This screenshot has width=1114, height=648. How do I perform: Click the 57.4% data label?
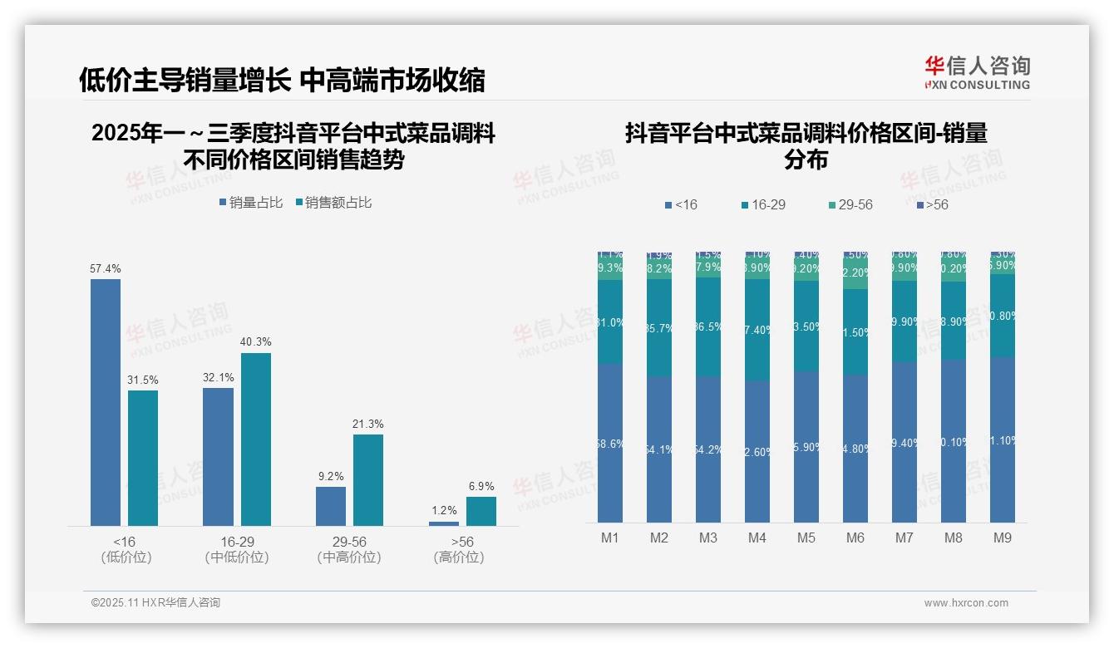(x=106, y=268)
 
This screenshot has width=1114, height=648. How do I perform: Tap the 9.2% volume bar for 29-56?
(x=331, y=506)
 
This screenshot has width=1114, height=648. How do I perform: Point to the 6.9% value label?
(x=481, y=486)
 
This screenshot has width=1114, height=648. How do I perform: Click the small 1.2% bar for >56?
(x=443, y=523)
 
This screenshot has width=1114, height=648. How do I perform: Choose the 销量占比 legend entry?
(x=251, y=203)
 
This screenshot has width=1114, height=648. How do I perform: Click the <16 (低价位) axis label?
(x=126, y=549)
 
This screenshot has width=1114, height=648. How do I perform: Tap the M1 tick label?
(x=610, y=538)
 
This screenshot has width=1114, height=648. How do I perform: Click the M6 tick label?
(x=855, y=538)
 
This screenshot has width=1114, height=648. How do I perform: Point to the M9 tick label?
(x=1003, y=538)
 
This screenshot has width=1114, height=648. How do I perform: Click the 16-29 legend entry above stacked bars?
(x=762, y=204)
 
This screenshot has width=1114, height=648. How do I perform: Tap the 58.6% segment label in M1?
(x=610, y=444)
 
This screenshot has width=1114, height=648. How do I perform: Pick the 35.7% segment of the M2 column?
(x=659, y=328)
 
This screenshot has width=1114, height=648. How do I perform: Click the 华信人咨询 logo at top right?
(x=977, y=72)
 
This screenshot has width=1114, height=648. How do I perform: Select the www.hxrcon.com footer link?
(x=966, y=603)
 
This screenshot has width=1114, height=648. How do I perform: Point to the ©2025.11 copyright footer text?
(x=155, y=602)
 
